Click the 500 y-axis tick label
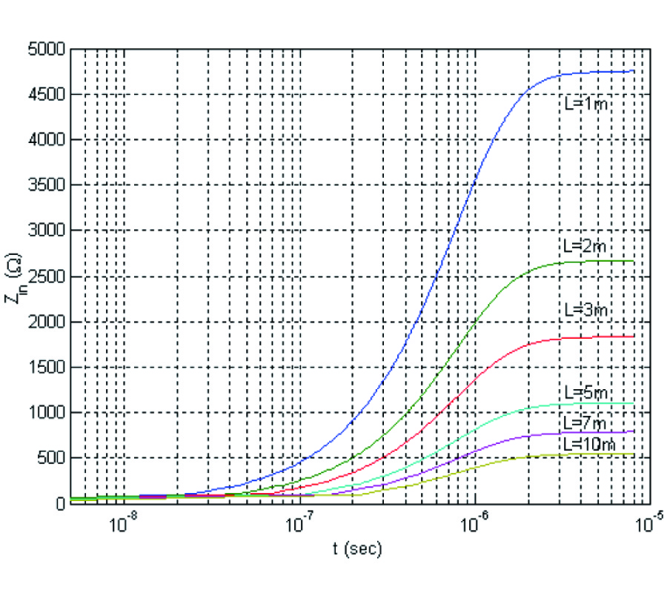point(53,457)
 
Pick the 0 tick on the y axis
point(62,503)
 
